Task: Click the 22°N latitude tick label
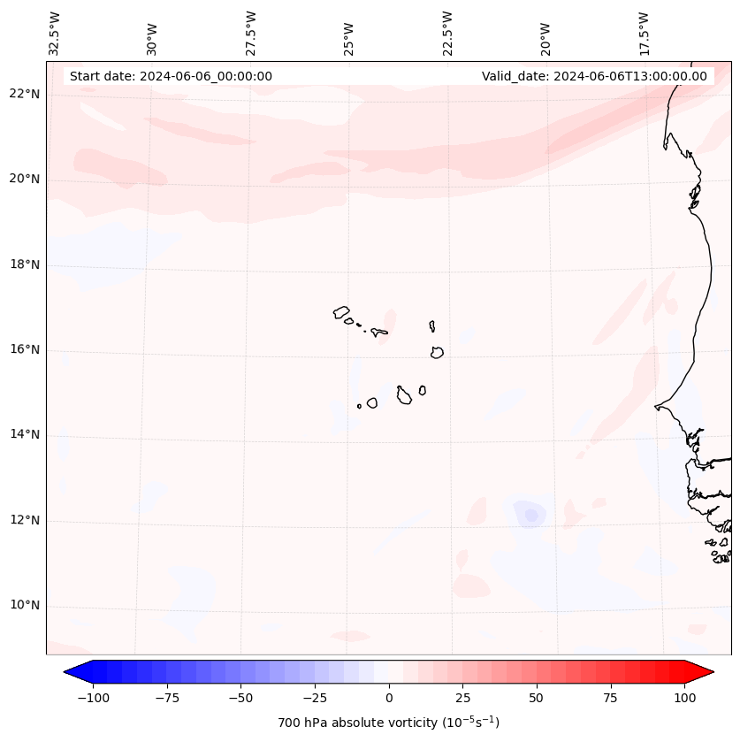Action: tap(25, 95)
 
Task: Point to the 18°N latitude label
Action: tap(25, 264)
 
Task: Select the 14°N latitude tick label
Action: tap(25, 435)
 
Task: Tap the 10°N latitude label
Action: tap(25, 606)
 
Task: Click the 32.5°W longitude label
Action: tap(55, 33)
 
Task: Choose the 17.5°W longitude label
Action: tap(644, 33)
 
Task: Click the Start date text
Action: tap(171, 76)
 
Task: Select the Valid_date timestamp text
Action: tap(594, 76)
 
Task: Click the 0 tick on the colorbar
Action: tap(389, 698)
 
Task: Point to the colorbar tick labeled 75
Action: tap(610, 698)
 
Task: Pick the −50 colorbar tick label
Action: tap(240, 698)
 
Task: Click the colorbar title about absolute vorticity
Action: tap(389, 723)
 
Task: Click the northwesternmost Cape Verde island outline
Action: tap(341, 312)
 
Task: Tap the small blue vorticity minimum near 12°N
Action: tap(530, 515)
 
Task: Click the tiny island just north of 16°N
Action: tap(431, 326)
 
